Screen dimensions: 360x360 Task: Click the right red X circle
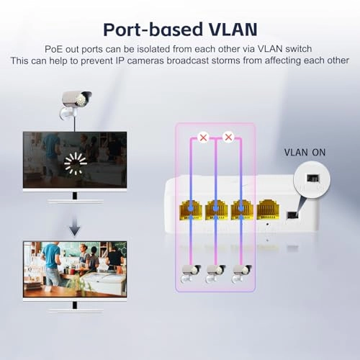(229, 136)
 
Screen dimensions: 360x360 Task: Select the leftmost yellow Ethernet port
(191, 210)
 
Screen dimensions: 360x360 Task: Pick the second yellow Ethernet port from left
(216, 210)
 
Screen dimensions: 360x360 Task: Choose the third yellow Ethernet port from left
(241, 210)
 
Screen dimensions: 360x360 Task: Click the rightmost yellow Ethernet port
(267, 210)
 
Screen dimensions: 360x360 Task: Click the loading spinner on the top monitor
(75, 162)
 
